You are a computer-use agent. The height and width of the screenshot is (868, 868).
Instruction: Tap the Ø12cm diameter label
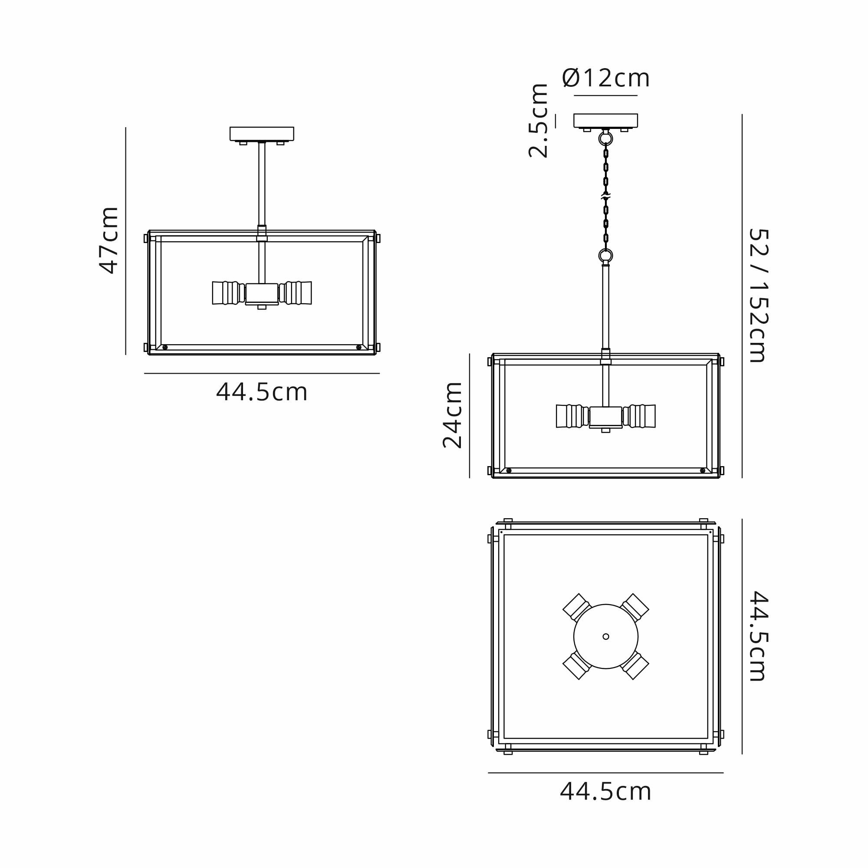pos(605,79)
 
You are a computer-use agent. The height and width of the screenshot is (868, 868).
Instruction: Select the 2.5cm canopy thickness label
pos(538,120)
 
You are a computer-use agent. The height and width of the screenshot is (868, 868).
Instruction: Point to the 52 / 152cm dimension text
pos(759,296)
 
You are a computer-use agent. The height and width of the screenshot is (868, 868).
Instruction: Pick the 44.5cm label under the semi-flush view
pos(262,392)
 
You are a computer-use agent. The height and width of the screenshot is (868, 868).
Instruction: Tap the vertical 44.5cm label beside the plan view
pos(759,636)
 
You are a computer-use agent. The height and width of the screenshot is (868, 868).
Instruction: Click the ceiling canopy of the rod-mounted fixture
pos(262,134)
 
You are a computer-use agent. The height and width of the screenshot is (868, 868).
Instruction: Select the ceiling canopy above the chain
pos(605,120)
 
